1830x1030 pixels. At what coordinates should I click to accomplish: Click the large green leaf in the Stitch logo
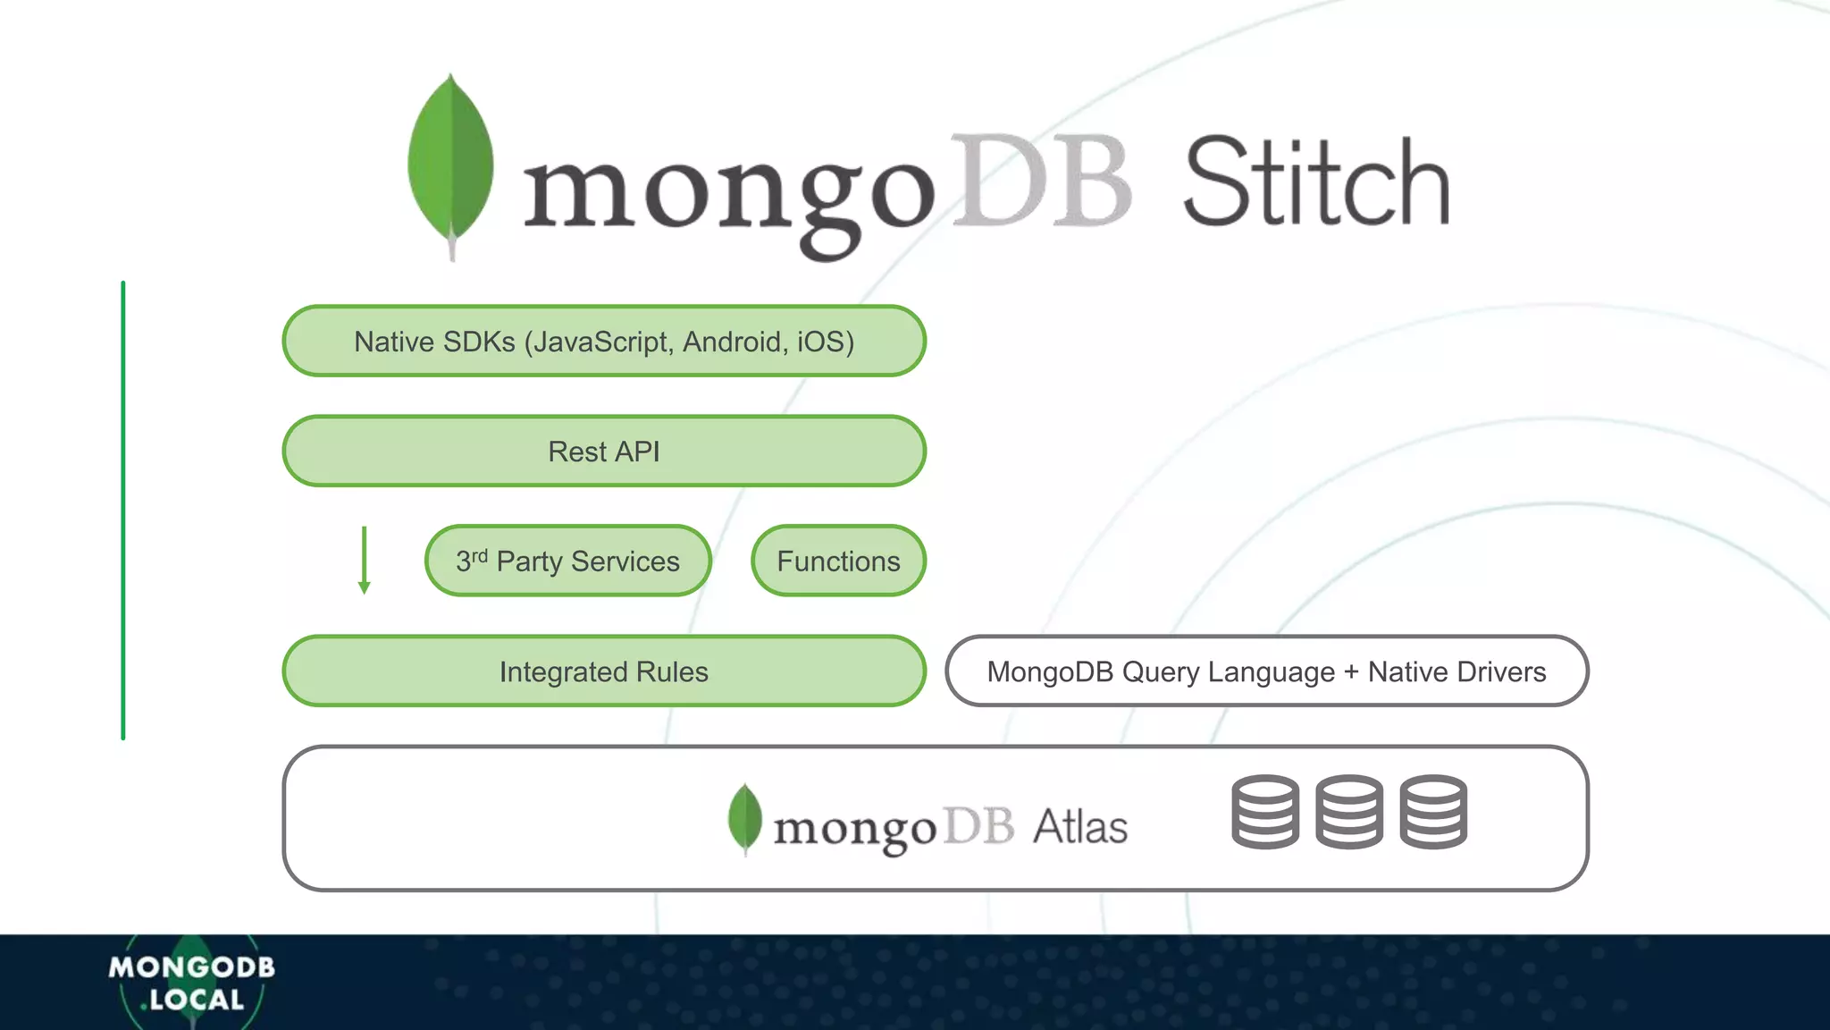[x=450, y=161]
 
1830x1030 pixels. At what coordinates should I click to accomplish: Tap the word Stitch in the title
[x=1315, y=183]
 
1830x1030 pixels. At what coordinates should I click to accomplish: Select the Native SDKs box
[x=604, y=341]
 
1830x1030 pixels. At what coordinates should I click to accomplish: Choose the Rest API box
[x=604, y=452]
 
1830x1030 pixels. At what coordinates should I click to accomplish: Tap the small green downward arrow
[x=364, y=561]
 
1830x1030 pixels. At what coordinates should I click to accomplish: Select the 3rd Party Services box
[x=567, y=561]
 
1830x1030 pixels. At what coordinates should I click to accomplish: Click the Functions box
[x=838, y=561]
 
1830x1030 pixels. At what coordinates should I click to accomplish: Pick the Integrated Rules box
[x=604, y=671]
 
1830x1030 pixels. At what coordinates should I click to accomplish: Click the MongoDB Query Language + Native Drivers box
[x=1266, y=671]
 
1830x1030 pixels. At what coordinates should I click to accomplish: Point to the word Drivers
[x=1501, y=671]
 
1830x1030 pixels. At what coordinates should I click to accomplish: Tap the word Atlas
[x=1080, y=827]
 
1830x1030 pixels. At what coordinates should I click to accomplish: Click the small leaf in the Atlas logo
[x=745, y=817]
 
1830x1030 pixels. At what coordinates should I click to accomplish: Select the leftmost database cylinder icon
[x=1265, y=812]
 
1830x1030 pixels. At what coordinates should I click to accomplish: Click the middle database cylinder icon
[x=1349, y=812]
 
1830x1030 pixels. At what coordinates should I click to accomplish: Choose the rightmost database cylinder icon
[x=1433, y=812]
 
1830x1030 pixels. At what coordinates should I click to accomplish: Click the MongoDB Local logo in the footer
[x=191, y=983]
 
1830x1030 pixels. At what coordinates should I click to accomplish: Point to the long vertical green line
[x=123, y=510]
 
